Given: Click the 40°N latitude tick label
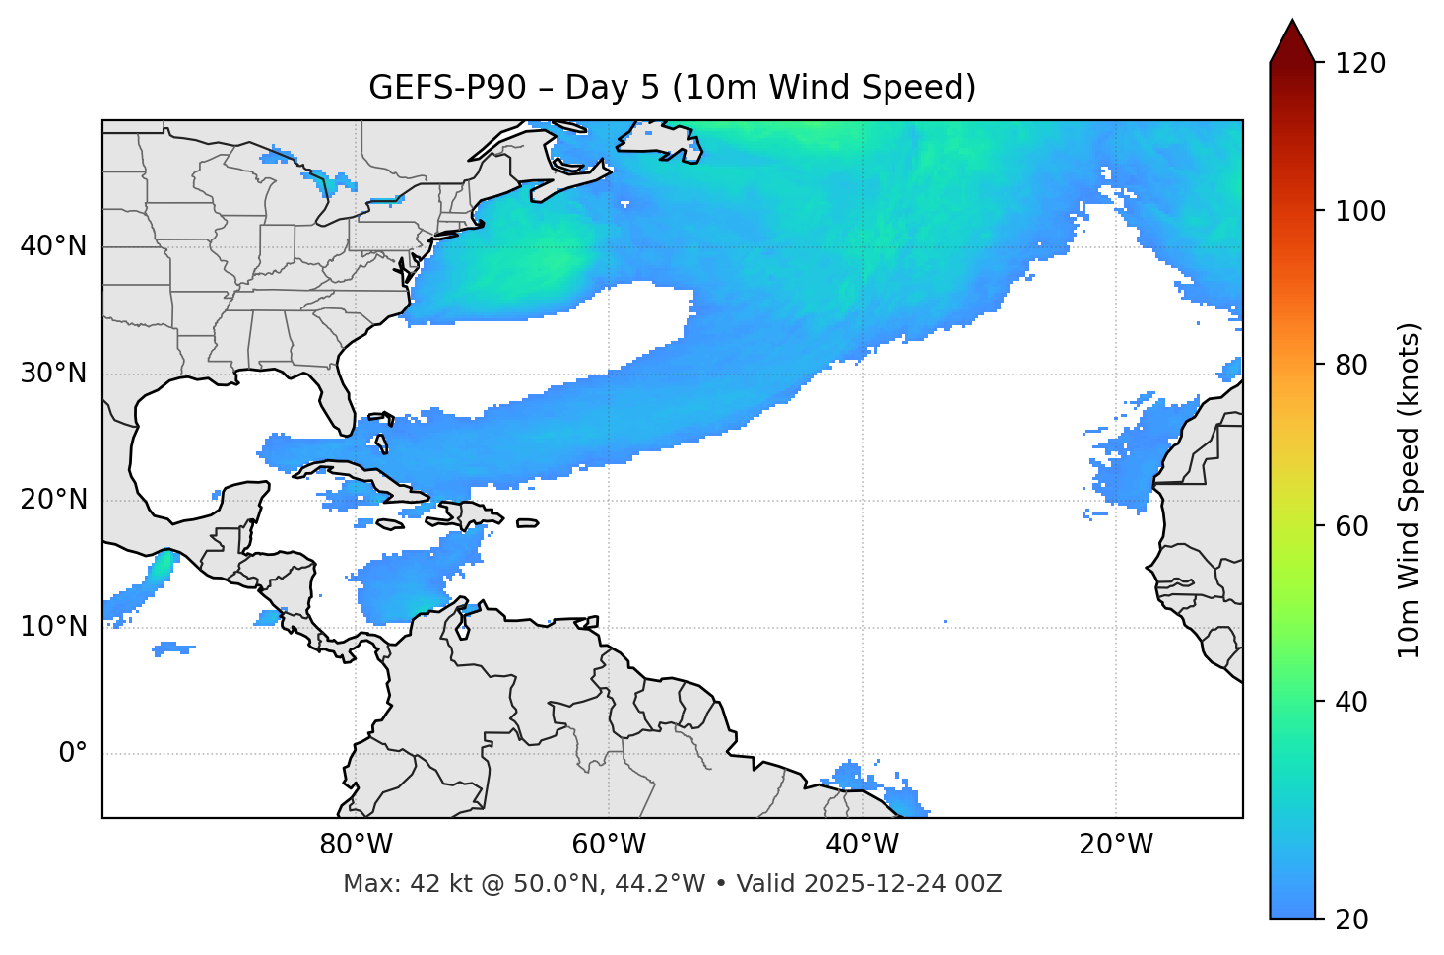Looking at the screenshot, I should pyautogui.click(x=53, y=246).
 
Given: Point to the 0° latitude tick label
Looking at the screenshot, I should pyautogui.click(x=73, y=754).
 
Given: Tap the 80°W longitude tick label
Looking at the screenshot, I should pyautogui.click(x=356, y=845).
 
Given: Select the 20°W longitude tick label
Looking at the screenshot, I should pyautogui.click(x=1116, y=845).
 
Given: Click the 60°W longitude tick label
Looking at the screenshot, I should pyautogui.click(x=609, y=845).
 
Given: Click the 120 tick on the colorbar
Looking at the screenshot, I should pyautogui.click(x=1360, y=63).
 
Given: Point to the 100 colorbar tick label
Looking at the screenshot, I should pyautogui.click(x=1360, y=211).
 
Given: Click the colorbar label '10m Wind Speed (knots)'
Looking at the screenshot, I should pyautogui.click(x=1410, y=491).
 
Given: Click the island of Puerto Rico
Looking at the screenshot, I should pyautogui.click(x=527, y=523).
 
